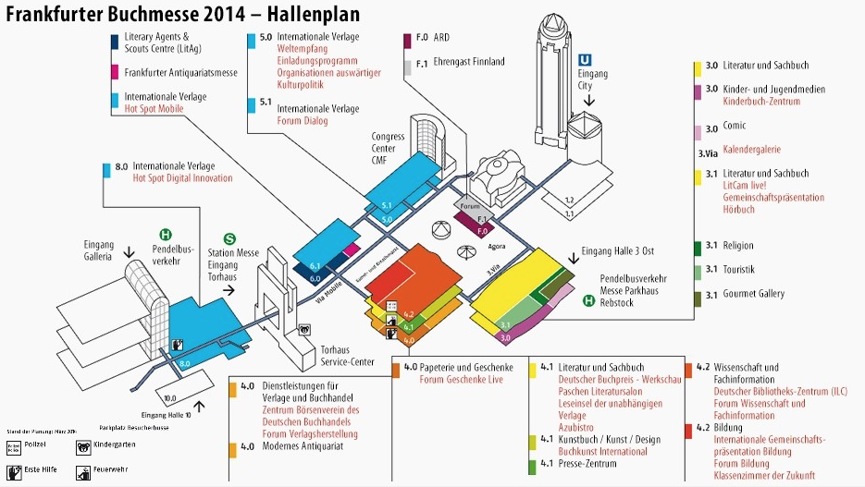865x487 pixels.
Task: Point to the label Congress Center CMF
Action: [389, 148]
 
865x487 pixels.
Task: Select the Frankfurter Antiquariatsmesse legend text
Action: [181, 72]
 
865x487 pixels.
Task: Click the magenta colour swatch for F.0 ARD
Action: [407, 40]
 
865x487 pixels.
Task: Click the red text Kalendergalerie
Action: [752, 150]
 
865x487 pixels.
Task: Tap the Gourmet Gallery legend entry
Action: [753, 294]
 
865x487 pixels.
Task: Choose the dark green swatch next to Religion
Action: [696, 248]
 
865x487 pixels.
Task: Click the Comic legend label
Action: [735, 126]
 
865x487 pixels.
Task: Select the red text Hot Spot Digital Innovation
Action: [182, 177]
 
